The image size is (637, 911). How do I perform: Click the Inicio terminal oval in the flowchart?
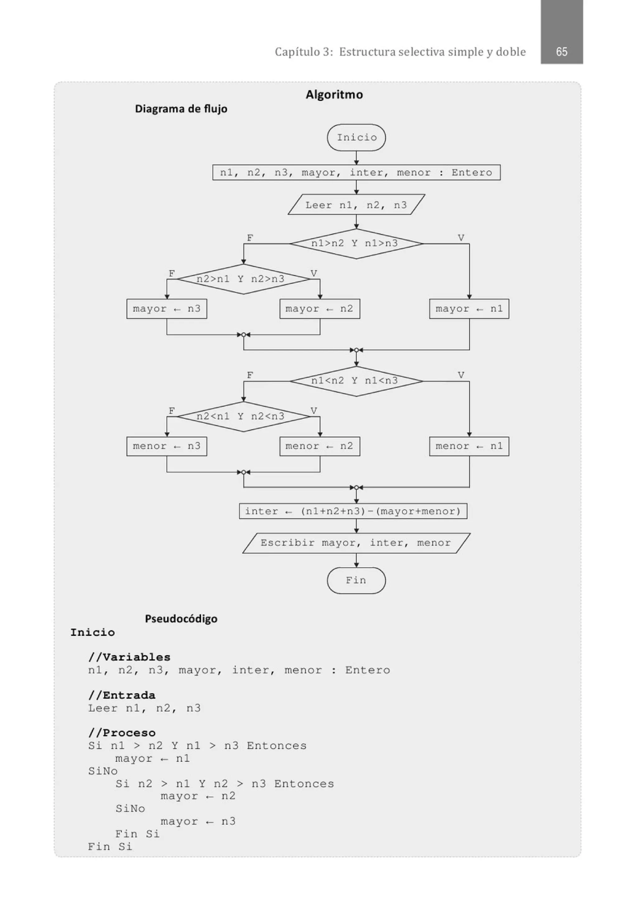(x=356, y=138)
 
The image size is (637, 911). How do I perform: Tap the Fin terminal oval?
(x=356, y=581)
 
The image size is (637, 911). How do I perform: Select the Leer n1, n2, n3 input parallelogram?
(x=356, y=205)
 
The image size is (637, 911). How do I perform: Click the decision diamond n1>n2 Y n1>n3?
(x=356, y=244)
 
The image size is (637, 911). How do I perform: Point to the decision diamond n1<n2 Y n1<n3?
(x=356, y=381)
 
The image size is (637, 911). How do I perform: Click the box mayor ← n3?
(x=167, y=309)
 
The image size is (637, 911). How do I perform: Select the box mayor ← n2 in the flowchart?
(x=320, y=309)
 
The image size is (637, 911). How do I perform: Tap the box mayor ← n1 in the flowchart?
(x=469, y=309)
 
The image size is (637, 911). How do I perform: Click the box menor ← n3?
(x=167, y=446)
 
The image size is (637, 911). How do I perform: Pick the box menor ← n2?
(x=320, y=446)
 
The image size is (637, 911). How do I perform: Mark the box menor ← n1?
(x=469, y=446)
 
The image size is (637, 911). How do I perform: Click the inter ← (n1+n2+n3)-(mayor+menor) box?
(x=353, y=511)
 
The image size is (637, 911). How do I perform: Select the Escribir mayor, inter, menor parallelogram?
(x=356, y=543)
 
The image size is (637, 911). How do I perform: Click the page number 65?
(x=561, y=52)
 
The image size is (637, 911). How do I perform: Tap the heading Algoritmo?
(x=334, y=94)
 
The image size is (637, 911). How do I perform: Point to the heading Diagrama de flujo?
(x=181, y=109)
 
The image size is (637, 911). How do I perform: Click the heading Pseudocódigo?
(x=181, y=619)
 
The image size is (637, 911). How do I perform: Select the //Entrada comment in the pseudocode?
(x=122, y=695)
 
